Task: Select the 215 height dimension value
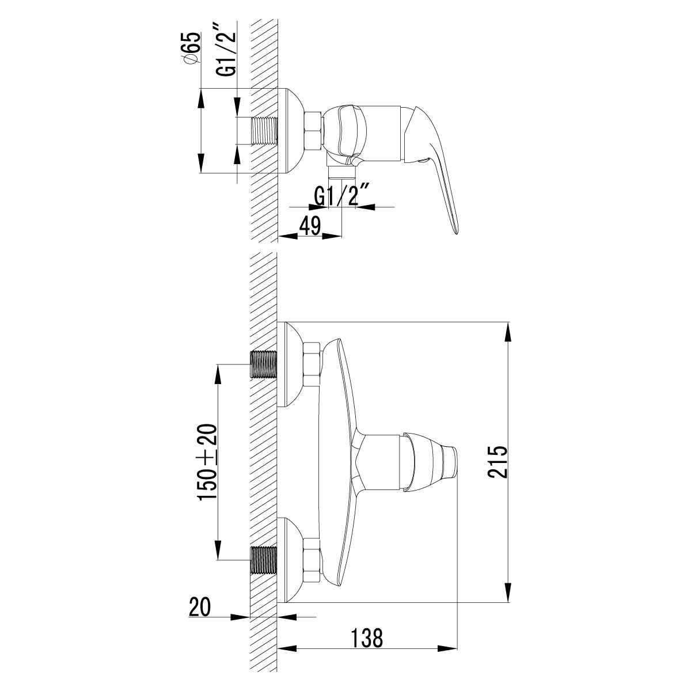[497, 462]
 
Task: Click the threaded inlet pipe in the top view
[264, 131]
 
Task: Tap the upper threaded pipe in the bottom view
[264, 364]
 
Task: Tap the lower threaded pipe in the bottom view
[264, 560]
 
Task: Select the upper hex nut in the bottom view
[312, 364]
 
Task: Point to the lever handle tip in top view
[455, 227]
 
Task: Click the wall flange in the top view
[291, 131]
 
